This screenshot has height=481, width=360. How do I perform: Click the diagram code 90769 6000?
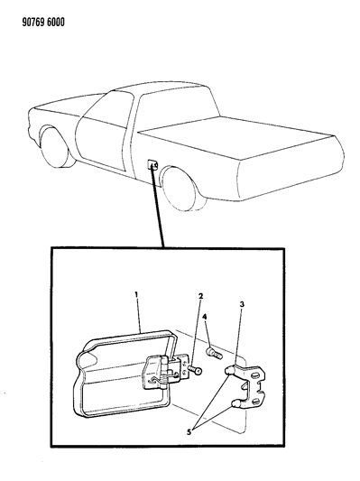pyautogui.click(x=43, y=23)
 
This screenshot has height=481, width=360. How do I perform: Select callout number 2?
pyautogui.click(x=201, y=297)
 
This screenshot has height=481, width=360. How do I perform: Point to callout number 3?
pyautogui.click(x=242, y=304)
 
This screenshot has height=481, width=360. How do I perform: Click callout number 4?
pyautogui.click(x=205, y=318)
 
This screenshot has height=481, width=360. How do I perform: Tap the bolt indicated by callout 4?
pyautogui.click(x=214, y=353)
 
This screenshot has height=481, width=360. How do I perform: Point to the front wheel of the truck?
pyautogui.click(x=54, y=146)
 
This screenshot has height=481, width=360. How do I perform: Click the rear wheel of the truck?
pyautogui.click(x=181, y=188)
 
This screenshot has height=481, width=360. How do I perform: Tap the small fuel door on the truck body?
pyautogui.click(x=153, y=164)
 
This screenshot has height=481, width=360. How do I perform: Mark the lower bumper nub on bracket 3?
pyautogui.click(x=235, y=403)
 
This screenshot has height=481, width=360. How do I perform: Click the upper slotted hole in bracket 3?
pyautogui.click(x=255, y=375)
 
